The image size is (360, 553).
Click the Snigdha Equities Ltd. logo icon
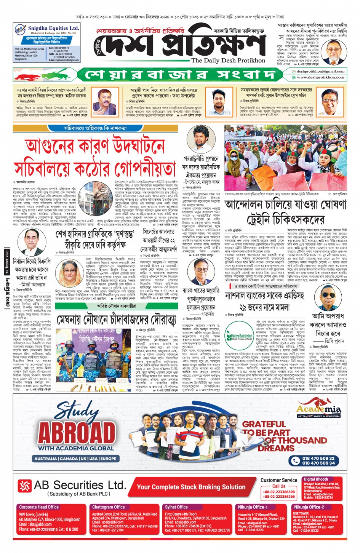(x=20, y=29)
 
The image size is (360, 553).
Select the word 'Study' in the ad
(x=76, y=412)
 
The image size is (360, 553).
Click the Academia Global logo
(x=319, y=411)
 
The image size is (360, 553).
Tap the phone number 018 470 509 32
(x=318, y=458)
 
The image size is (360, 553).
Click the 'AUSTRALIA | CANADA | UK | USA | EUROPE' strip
(x=75, y=459)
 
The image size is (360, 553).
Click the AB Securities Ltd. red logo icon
(x=25, y=486)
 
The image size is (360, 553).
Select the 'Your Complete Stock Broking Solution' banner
(x=191, y=487)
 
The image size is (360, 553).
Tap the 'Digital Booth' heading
(x=316, y=479)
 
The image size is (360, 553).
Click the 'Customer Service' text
(x=279, y=480)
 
